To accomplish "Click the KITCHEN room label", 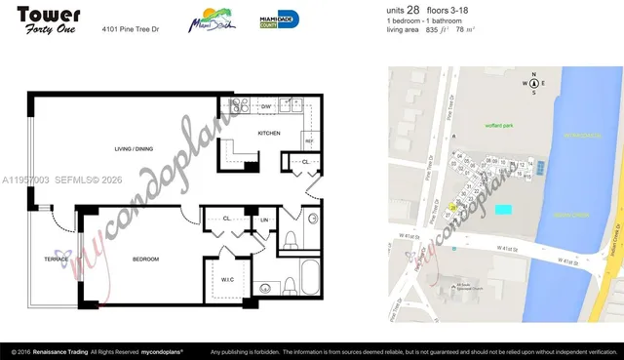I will click(x=269, y=133).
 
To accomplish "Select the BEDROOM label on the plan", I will click(x=146, y=259).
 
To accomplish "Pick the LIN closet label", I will click(x=264, y=220).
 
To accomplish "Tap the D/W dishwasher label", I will click(x=265, y=104).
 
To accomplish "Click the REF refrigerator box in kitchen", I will click(x=308, y=140).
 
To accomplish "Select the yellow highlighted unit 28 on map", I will click(x=453, y=208).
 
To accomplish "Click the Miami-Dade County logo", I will click(x=279, y=20).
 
